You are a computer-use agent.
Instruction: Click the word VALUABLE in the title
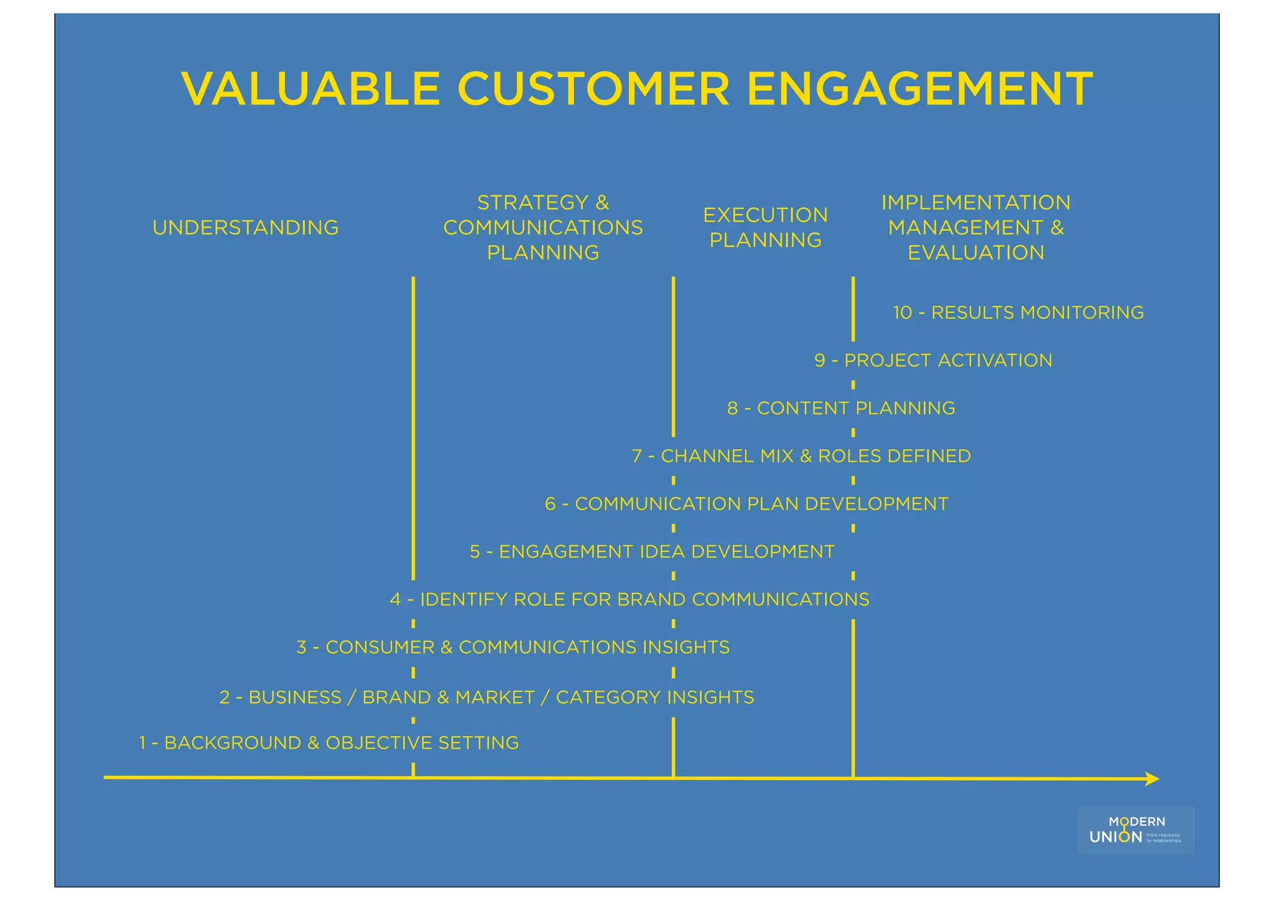[x=311, y=89]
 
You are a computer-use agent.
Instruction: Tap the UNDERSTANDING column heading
[x=246, y=228]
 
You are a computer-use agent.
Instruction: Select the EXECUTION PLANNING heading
[x=765, y=228]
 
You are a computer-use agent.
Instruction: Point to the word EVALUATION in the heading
[x=975, y=253]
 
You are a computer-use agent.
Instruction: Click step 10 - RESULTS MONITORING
[x=1018, y=312]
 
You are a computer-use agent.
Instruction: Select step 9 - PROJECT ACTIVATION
[x=933, y=360]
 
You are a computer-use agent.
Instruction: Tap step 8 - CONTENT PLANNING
[x=841, y=408]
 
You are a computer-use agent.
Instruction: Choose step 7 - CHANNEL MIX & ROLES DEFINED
[x=801, y=456]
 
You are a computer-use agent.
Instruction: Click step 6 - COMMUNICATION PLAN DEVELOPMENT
[x=746, y=504]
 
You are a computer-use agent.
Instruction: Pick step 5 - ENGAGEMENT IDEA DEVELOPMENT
[x=652, y=552]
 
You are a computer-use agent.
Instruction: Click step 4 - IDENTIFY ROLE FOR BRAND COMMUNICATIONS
[x=630, y=600]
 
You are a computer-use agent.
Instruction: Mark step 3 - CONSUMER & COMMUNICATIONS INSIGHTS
[x=513, y=648]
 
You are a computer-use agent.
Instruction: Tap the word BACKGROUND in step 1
[x=233, y=743]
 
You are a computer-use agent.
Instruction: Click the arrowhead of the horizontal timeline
[x=1152, y=779]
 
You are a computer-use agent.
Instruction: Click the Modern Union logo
[x=1135, y=830]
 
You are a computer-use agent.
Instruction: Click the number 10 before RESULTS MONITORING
[x=902, y=312]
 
